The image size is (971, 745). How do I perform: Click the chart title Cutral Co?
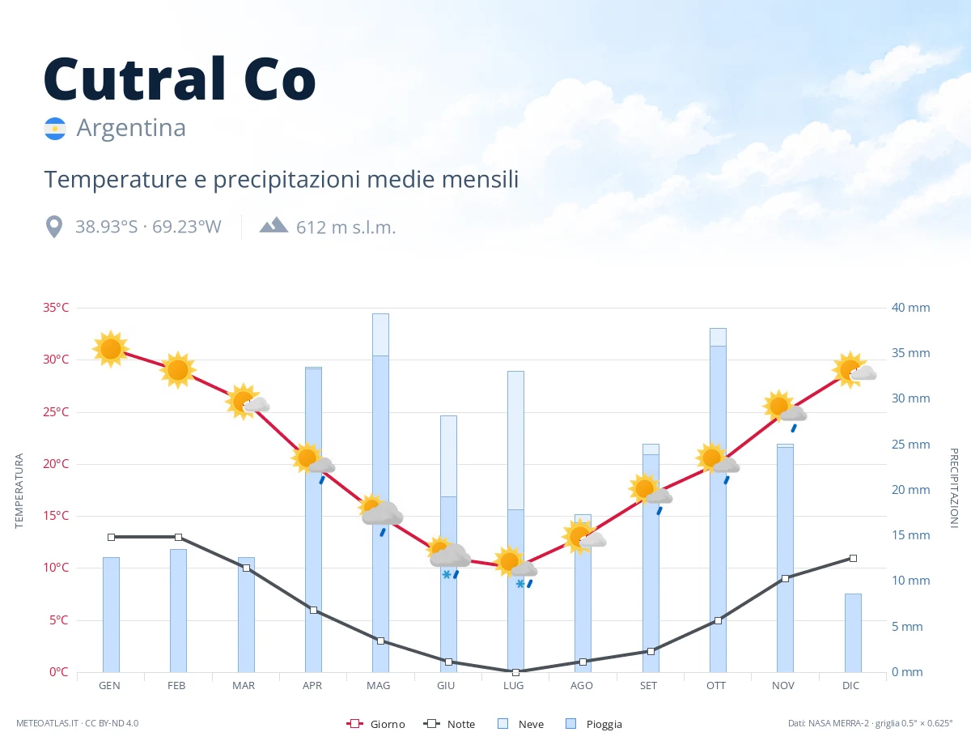180,79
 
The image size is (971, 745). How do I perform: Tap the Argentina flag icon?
55,129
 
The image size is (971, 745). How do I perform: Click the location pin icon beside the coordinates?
54,227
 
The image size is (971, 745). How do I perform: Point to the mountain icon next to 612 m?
273,225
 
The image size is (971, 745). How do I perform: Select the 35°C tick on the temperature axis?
56,308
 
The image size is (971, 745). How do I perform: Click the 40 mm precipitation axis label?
910,308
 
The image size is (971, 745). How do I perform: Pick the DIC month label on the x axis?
850,686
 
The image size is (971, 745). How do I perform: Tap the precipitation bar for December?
853,632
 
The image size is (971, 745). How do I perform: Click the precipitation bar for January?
112,615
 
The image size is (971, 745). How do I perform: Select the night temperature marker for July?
515,672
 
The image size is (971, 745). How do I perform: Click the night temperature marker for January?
112,537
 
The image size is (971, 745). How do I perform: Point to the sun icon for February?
178,370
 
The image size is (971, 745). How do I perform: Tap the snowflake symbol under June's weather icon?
447,575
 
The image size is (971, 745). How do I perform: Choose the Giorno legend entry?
375,724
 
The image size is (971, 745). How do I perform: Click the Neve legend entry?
520,724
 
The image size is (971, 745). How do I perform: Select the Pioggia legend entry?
593,724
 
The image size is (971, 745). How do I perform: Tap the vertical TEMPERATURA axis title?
19,491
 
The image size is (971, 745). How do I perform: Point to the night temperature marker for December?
853,558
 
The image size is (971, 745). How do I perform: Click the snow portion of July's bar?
515,441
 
